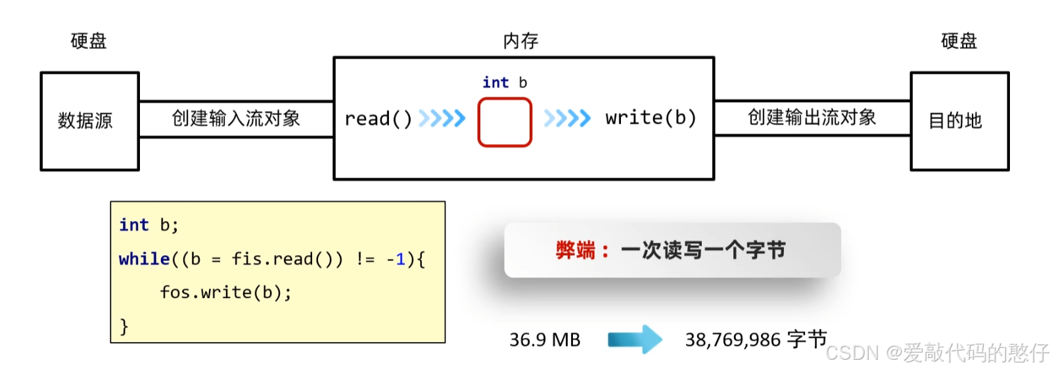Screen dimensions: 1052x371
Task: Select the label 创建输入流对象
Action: [236, 118]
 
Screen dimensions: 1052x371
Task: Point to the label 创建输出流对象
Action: [812, 118]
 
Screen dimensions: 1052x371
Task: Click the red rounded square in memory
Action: [505, 122]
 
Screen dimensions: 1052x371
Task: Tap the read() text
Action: [378, 119]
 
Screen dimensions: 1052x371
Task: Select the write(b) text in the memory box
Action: [650, 118]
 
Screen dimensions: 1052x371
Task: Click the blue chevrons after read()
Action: [442, 118]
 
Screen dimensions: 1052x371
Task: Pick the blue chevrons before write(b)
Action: [567, 118]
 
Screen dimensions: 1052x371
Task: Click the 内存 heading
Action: [520, 41]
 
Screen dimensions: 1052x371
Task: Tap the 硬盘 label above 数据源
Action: [89, 41]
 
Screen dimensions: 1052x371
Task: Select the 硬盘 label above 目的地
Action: [959, 41]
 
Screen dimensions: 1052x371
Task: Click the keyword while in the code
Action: [144, 259]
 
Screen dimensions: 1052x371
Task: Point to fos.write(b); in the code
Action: [225, 292]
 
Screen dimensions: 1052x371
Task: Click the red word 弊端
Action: [575, 251]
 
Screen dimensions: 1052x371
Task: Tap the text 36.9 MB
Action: [545, 340]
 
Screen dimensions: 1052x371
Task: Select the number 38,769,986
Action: [733, 340]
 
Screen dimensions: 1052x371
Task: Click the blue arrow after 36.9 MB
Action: [634, 339]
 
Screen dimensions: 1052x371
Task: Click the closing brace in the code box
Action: [124, 326]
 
